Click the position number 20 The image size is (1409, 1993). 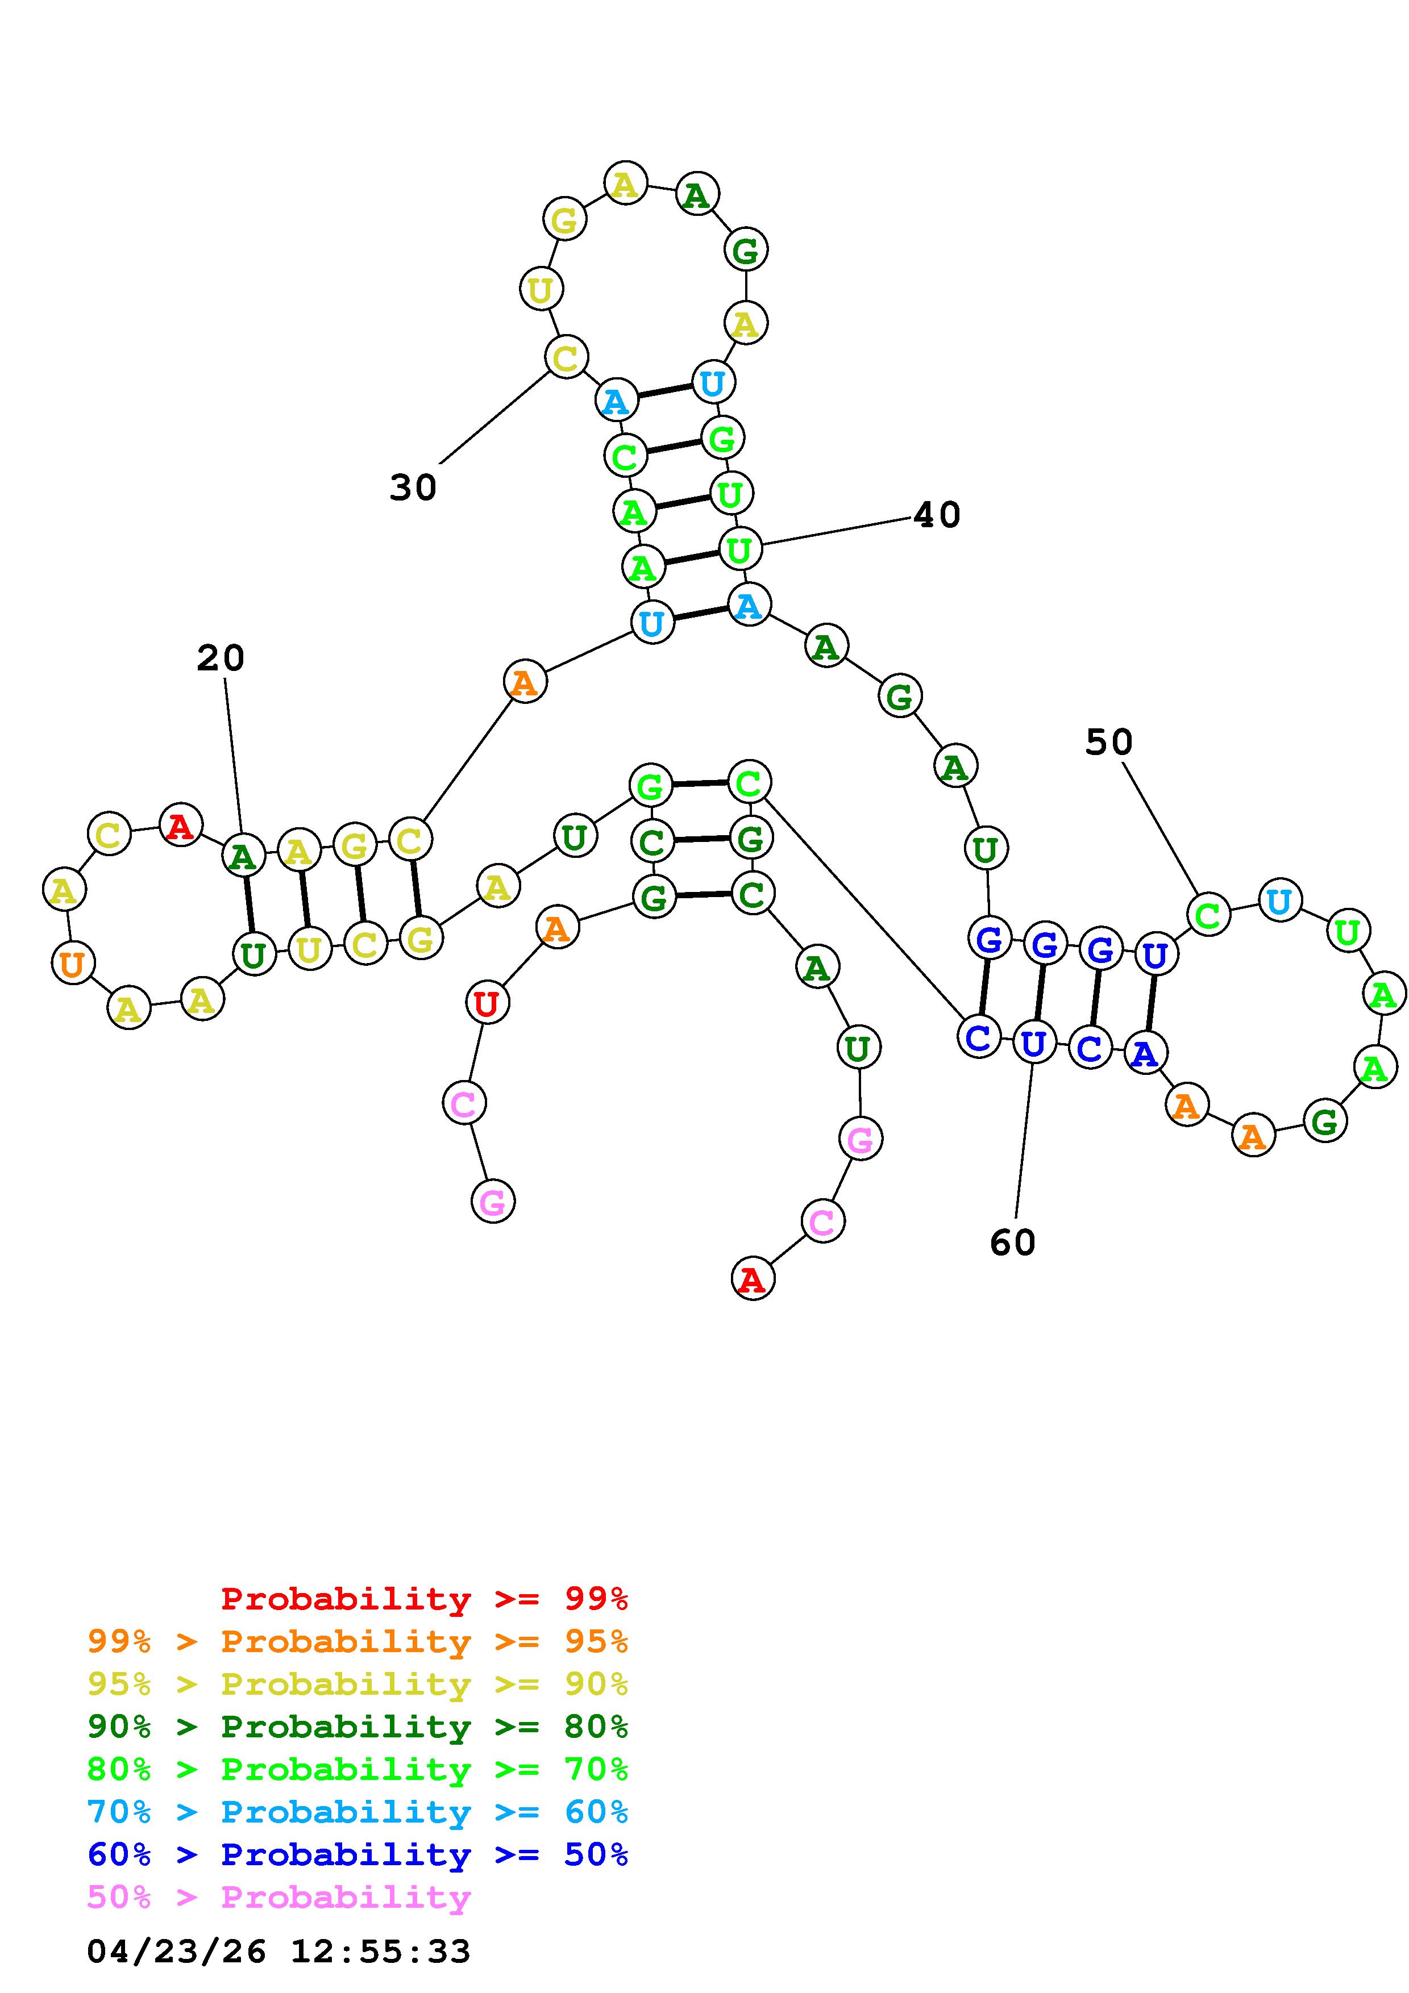[221, 658]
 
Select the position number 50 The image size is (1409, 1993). [1109, 742]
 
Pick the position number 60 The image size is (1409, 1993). [1012, 1243]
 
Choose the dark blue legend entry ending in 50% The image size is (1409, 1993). [358, 1854]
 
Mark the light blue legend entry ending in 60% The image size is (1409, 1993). [358, 1812]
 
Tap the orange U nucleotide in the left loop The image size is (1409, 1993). [73, 964]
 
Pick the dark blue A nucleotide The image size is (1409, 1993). [1145, 1053]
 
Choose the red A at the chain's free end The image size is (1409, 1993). [753, 1279]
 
